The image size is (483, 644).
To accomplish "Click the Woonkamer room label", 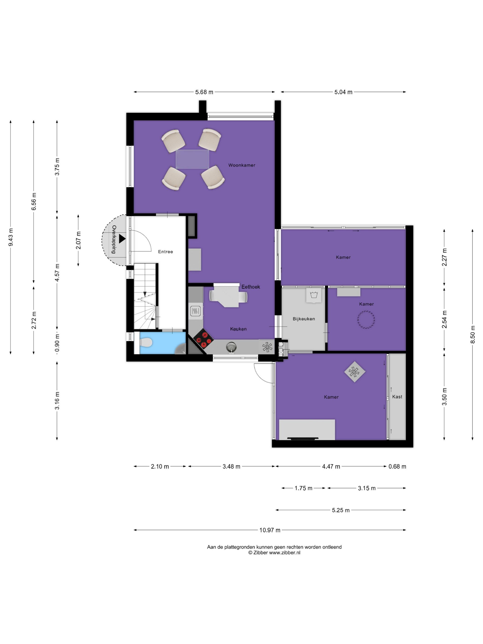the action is [242, 165].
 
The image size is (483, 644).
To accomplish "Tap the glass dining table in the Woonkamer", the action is [192, 159].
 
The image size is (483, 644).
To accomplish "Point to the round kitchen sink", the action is [231, 347].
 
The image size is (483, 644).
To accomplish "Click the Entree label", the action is [165, 252].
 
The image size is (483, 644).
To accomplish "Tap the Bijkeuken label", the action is [304, 319].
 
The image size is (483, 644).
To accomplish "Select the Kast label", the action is [397, 397].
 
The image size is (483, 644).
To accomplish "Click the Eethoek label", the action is [251, 287].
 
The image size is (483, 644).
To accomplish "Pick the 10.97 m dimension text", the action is [270, 530].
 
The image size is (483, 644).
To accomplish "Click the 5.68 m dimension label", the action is [204, 92].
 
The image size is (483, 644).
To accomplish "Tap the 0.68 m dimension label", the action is [397, 466].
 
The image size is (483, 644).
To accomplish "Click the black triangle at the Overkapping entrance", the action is [122, 239].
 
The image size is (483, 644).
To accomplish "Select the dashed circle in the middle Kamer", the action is [366, 320].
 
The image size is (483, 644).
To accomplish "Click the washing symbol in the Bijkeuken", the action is [313, 295].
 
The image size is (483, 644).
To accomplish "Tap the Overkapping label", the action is [114, 239].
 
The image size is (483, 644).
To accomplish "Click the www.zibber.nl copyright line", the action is [274, 553].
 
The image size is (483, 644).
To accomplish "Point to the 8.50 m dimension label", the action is [472, 334].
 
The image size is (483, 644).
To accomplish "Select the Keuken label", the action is [238, 329].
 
